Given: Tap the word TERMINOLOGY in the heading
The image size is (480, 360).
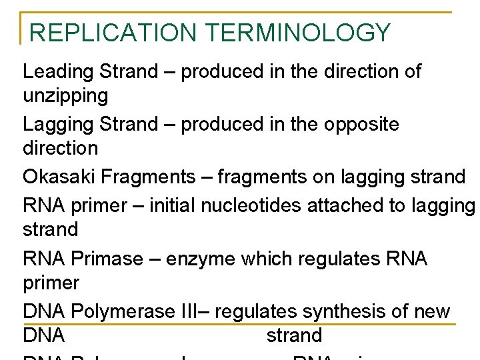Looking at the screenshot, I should [297, 33].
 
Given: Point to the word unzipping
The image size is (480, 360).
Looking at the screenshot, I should [65, 96].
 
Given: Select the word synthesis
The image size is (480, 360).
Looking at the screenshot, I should [339, 311].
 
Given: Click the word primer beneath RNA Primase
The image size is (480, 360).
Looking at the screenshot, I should [51, 283].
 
